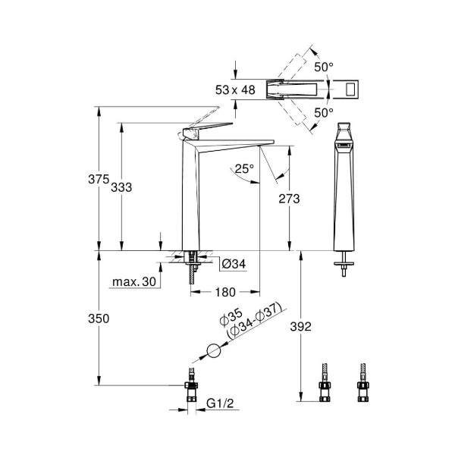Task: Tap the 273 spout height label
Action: pos(289,199)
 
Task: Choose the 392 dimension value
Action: pos(302,327)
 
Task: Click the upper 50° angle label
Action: pos(324,67)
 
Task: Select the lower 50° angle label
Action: pos(324,112)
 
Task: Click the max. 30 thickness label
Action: pos(133,282)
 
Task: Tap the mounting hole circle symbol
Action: pos(214,352)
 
